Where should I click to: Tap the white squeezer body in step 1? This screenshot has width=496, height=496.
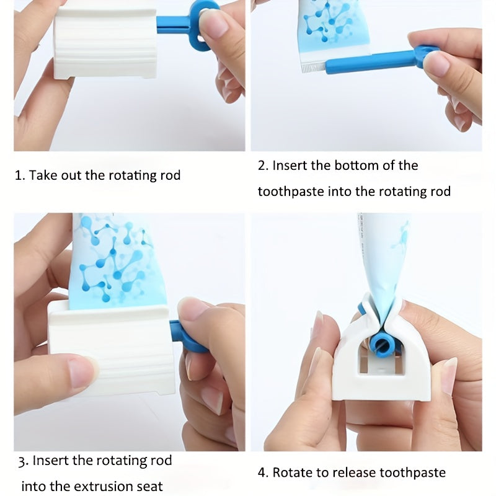[105, 43]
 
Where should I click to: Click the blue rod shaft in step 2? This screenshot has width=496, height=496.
[370, 63]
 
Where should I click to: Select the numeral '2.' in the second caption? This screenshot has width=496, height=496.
[263, 166]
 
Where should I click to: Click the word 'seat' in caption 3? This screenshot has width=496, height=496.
[149, 486]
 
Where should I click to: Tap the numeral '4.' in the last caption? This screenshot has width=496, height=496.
[263, 472]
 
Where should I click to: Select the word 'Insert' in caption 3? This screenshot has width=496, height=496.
[51, 460]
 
